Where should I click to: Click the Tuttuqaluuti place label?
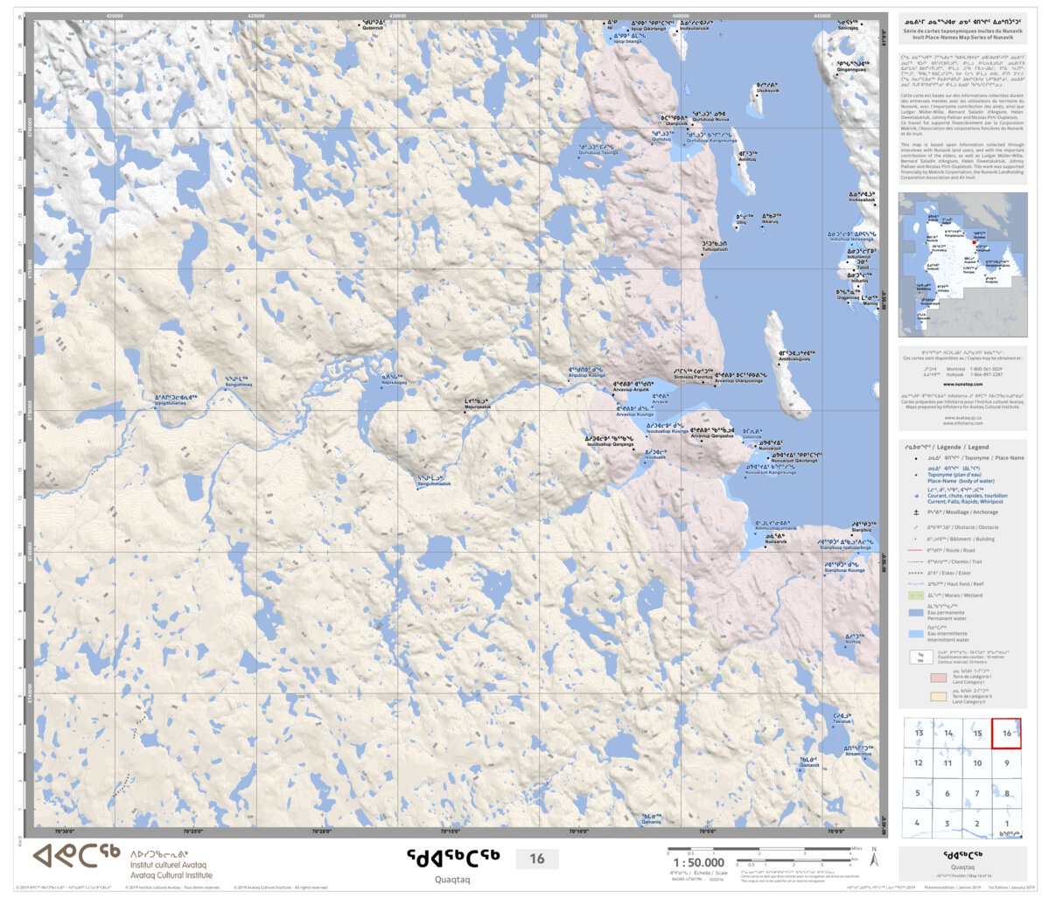click(714, 247)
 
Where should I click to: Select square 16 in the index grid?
click(1006, 733)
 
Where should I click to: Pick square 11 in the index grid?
click(948, 763)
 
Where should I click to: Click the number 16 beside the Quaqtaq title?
click(536, 859)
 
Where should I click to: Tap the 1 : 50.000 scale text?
click(697, 862)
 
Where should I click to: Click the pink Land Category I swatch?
click(937, 677)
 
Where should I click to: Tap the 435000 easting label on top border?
click(539, 16)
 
